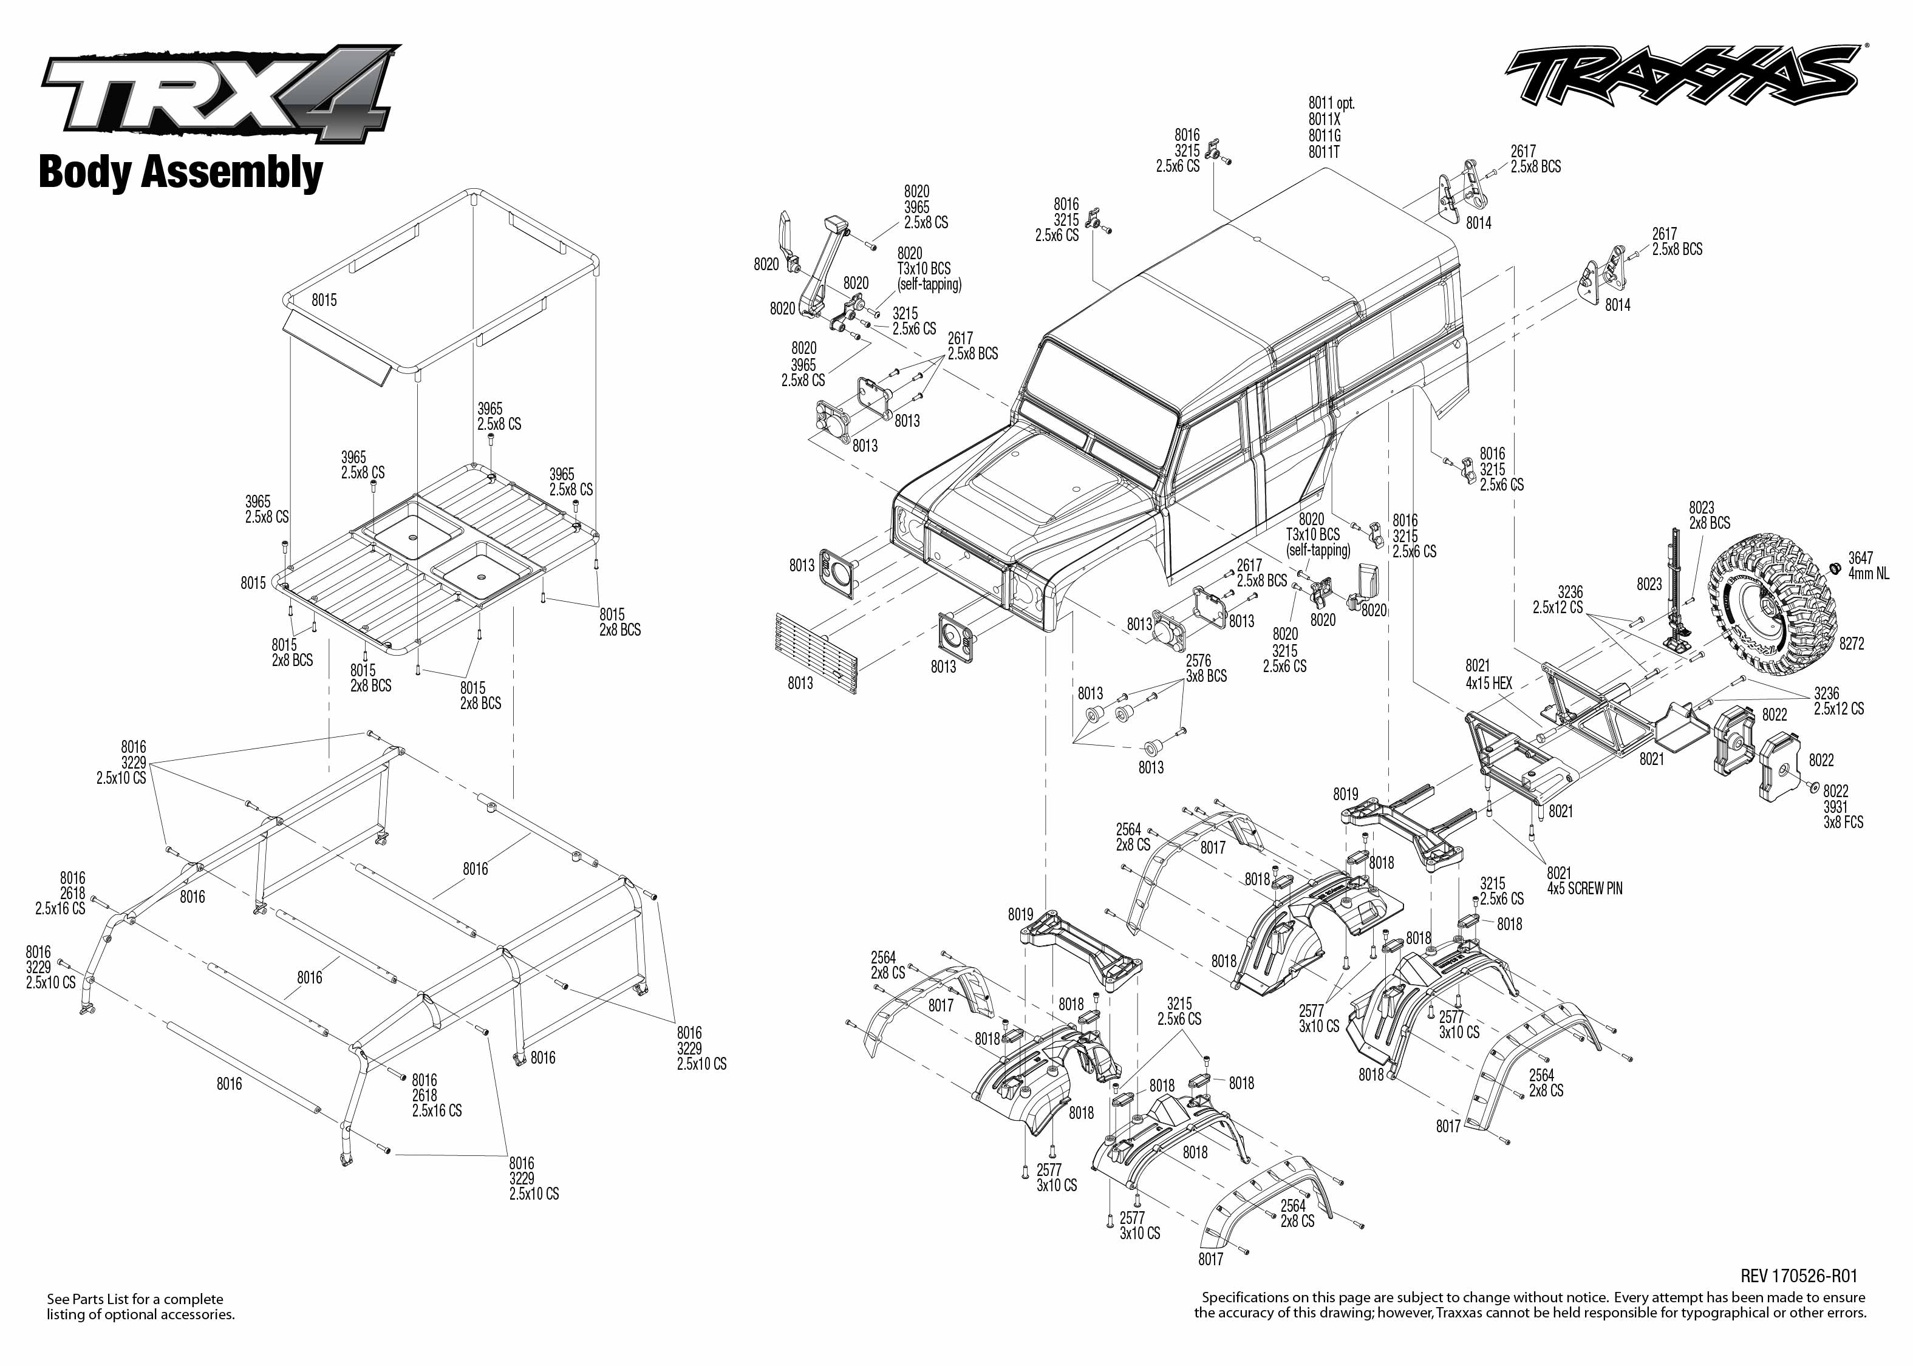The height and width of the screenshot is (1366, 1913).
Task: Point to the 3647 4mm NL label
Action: [x=1869, y=565]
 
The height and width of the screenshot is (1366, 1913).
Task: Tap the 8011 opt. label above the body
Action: [x=1332, y=103]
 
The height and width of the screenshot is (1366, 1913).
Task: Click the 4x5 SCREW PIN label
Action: [x=1585, y=888]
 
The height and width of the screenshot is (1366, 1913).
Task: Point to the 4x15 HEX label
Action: [x=1489, y=683]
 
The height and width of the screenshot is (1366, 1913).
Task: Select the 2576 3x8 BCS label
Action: [x=1206, y=668]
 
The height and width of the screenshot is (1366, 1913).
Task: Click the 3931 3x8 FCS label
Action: [x=1843, y=814]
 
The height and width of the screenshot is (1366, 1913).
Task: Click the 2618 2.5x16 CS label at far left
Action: [x=61, y=901]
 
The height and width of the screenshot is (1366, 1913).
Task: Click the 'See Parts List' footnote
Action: [x=140, y=1307]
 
